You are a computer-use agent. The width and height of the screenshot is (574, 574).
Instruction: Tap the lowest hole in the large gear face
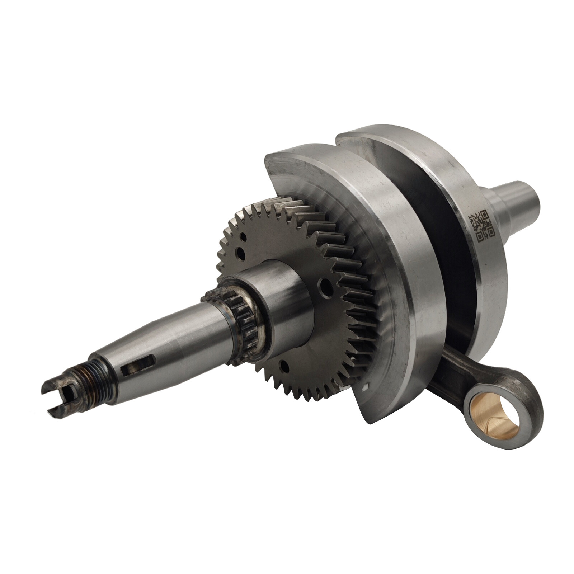(x=285, y=366)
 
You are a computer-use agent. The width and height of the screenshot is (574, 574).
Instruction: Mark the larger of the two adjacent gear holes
(x=241, y=254)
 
